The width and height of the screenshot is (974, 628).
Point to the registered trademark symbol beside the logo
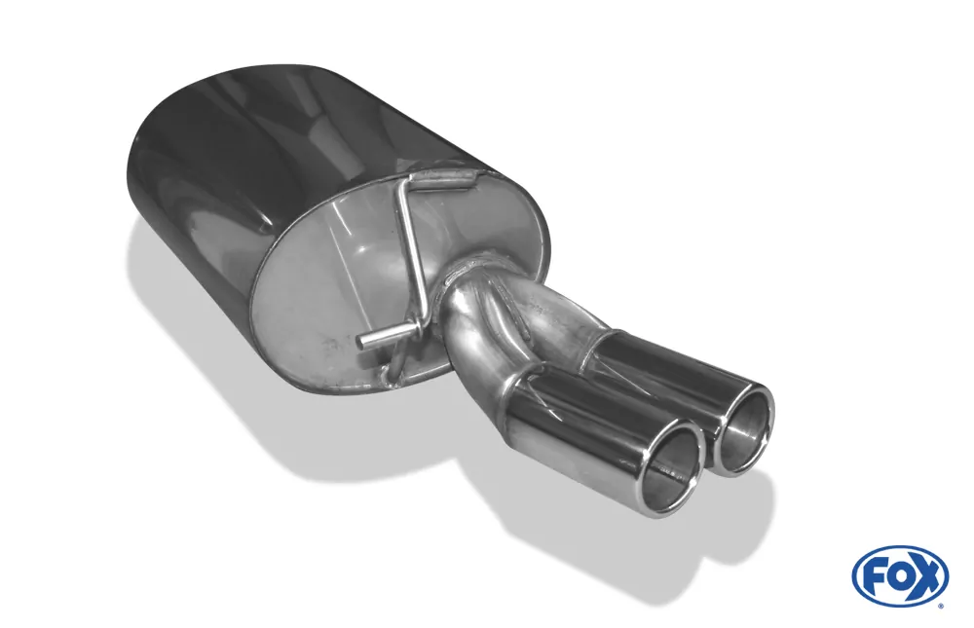[941, 605]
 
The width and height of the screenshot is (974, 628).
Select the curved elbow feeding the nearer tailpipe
[477, 351]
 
